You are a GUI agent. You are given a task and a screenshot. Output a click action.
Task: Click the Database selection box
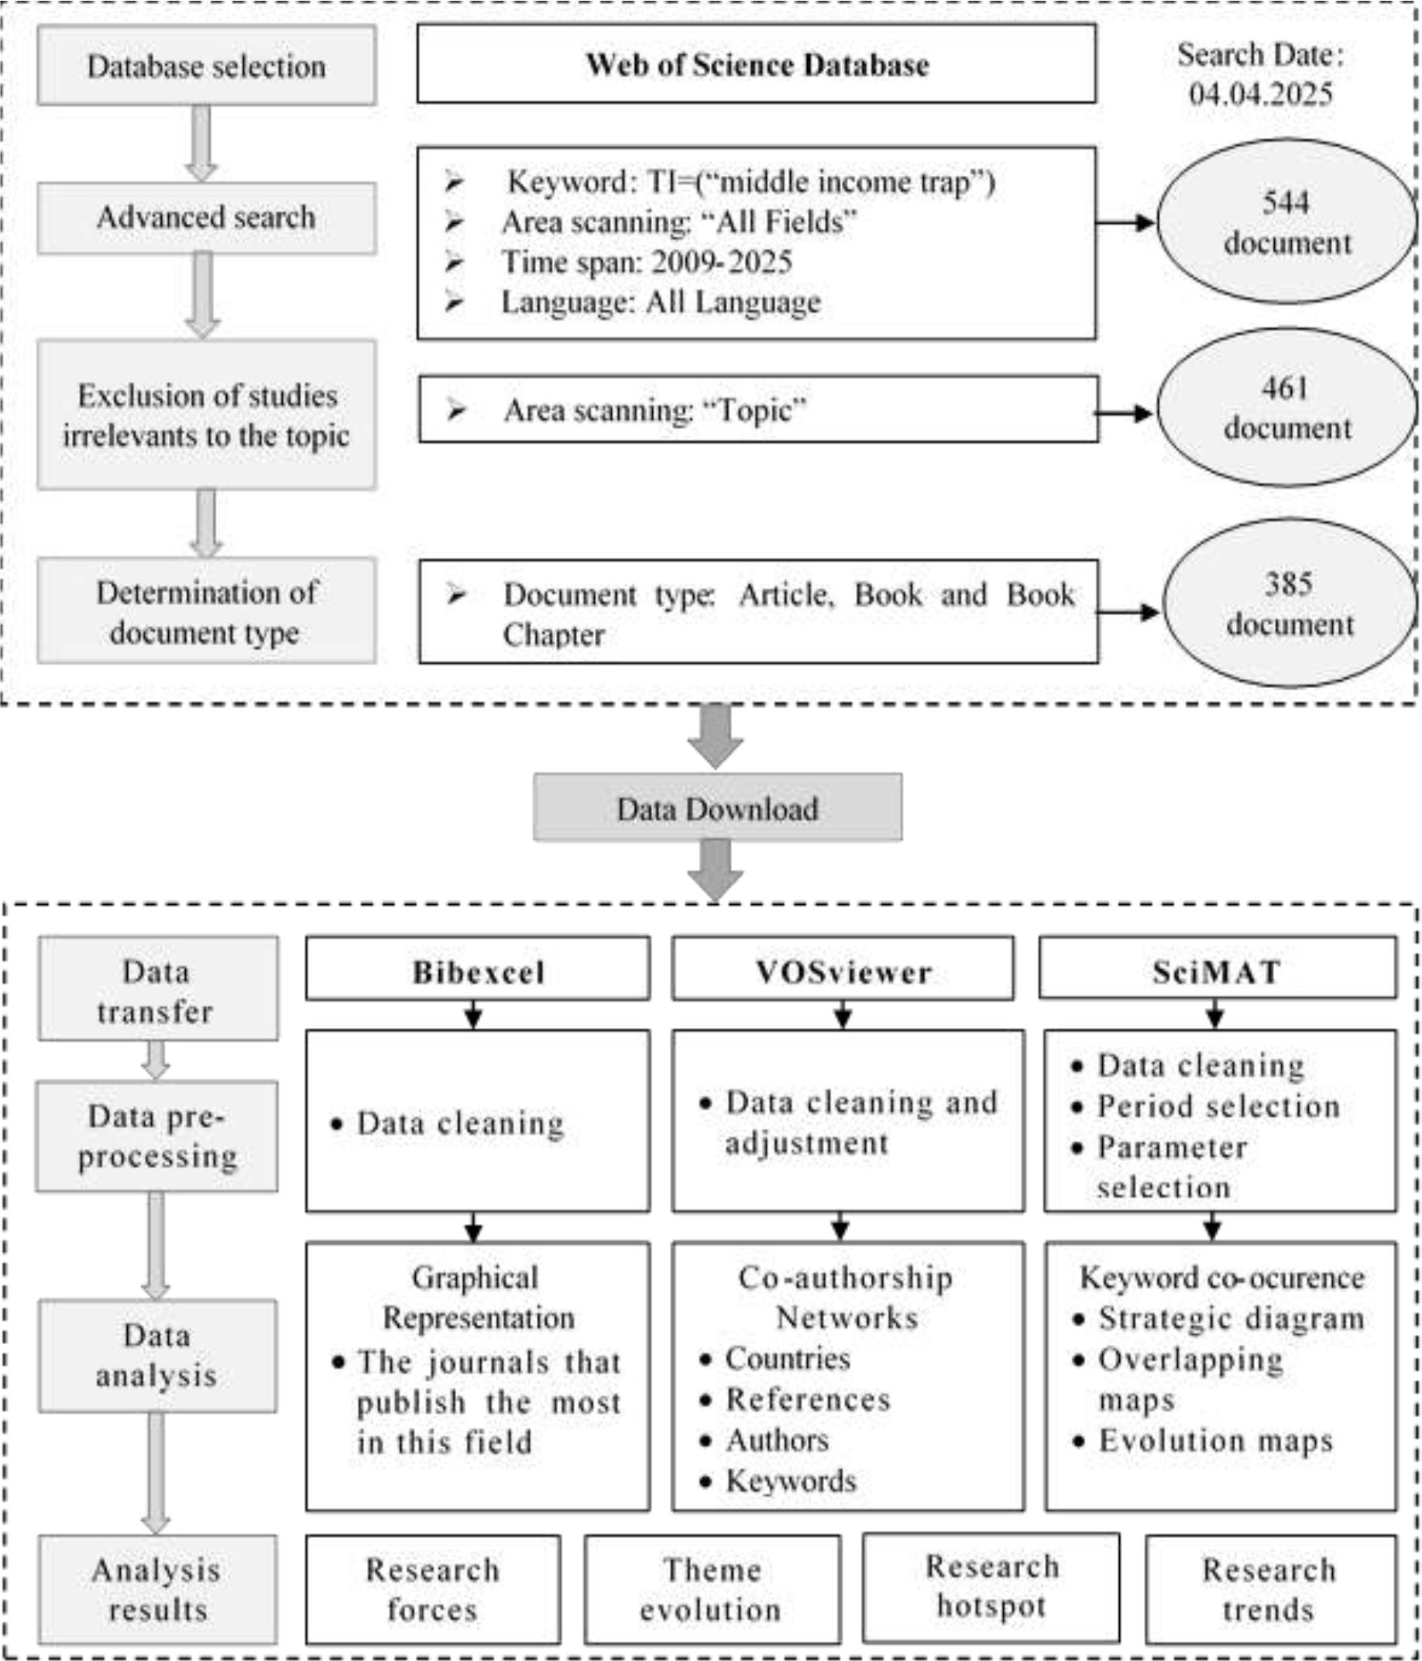click(x=206, y=65)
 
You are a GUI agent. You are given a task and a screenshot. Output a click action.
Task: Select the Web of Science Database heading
click(x=756, y=64)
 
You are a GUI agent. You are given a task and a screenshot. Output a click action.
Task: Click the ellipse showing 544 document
click(x=1286, y=222)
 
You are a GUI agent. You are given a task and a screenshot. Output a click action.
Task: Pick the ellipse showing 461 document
click(x=1286, y=408)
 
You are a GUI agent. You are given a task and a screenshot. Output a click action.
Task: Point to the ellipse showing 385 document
click(x=1289, y=603)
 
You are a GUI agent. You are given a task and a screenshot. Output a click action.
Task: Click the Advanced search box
click(x=206, y=218)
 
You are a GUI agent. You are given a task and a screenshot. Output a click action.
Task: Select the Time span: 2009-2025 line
click(x=646, y=262)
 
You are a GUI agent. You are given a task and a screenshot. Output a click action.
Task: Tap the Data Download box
click(x=716, y=808)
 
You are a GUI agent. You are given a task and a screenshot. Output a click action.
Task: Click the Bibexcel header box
click(x=478, y=971)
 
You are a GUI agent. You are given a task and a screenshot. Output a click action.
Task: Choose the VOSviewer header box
click(x=843, y=971)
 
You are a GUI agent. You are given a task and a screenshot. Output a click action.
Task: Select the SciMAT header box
click(x=1217, y=971)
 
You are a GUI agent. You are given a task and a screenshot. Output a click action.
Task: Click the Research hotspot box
click(x=991, y=1587)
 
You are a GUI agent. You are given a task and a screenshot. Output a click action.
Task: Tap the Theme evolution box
click(x=712, y=1589)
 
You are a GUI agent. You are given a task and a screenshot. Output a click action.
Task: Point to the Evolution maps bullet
click(x=1214, y=1440)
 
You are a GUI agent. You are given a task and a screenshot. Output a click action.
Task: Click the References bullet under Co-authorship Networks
click(x=807, y=1400)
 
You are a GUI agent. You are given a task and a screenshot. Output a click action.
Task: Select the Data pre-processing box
click(x=157, y=1135)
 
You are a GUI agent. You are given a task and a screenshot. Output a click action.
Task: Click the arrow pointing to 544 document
click(x=1125, y=222)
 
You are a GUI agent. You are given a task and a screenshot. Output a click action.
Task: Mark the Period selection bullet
click(x=1218, y=1106)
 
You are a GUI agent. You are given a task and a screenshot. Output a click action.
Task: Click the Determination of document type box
click(x=206, y=612)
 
